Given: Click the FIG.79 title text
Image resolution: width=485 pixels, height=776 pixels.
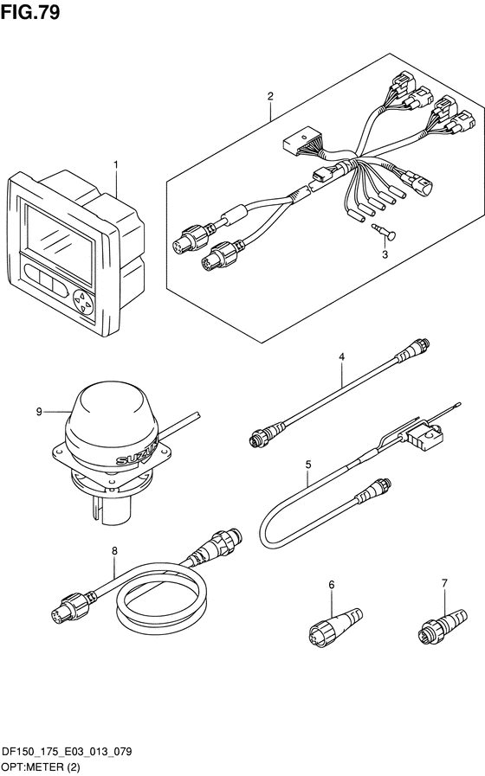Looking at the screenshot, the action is (30, 12).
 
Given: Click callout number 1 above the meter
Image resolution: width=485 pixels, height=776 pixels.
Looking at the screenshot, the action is (116, 164).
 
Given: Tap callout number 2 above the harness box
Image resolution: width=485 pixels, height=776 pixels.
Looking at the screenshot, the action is (270, 96).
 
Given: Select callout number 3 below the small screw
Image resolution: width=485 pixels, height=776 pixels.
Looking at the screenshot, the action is (385, 255).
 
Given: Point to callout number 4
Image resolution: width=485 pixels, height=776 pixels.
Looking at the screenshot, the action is (341, 356).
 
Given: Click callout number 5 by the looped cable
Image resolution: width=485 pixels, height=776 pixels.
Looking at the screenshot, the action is (308, 465).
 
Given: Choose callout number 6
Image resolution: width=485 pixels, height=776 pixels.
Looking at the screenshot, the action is (332, 585).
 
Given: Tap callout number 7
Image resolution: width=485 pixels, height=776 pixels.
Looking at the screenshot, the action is (444, 583).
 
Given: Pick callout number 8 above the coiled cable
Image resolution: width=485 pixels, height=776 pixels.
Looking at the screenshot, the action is (114, 550).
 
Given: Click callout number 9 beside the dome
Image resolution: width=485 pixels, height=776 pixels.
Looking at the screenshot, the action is (39, 411).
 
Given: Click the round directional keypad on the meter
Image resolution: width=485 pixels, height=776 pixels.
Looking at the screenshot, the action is (83, 301).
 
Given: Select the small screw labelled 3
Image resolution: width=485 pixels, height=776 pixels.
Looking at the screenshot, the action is (383, 232).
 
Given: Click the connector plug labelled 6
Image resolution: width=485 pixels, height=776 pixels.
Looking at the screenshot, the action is (335, 625).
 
